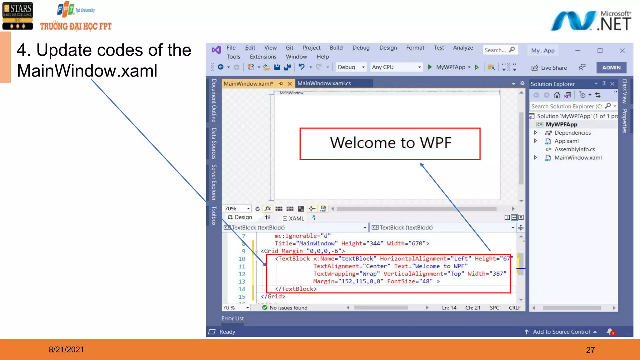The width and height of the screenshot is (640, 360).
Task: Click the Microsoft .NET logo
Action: [591, 21]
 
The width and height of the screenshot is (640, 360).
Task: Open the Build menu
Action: [336, 48]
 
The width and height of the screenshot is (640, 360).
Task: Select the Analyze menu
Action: [463, 48]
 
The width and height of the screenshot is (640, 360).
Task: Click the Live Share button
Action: [549, 68]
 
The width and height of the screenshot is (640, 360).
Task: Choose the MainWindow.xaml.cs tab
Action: [324, 83]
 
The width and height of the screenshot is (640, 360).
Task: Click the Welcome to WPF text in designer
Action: [390, 143]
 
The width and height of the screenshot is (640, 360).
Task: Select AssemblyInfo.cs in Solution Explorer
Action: [574, 149]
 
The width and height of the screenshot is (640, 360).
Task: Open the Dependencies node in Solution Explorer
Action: [572, 133]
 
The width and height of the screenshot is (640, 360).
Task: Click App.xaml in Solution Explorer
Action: [566, 141]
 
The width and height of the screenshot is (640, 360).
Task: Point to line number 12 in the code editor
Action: [242, 274]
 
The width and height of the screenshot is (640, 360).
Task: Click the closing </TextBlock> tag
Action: [296, 289]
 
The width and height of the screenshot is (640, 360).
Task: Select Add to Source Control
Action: [561, 332]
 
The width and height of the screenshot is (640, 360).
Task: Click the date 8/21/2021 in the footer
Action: [66, 350]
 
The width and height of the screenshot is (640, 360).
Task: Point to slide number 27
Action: [590, 350]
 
